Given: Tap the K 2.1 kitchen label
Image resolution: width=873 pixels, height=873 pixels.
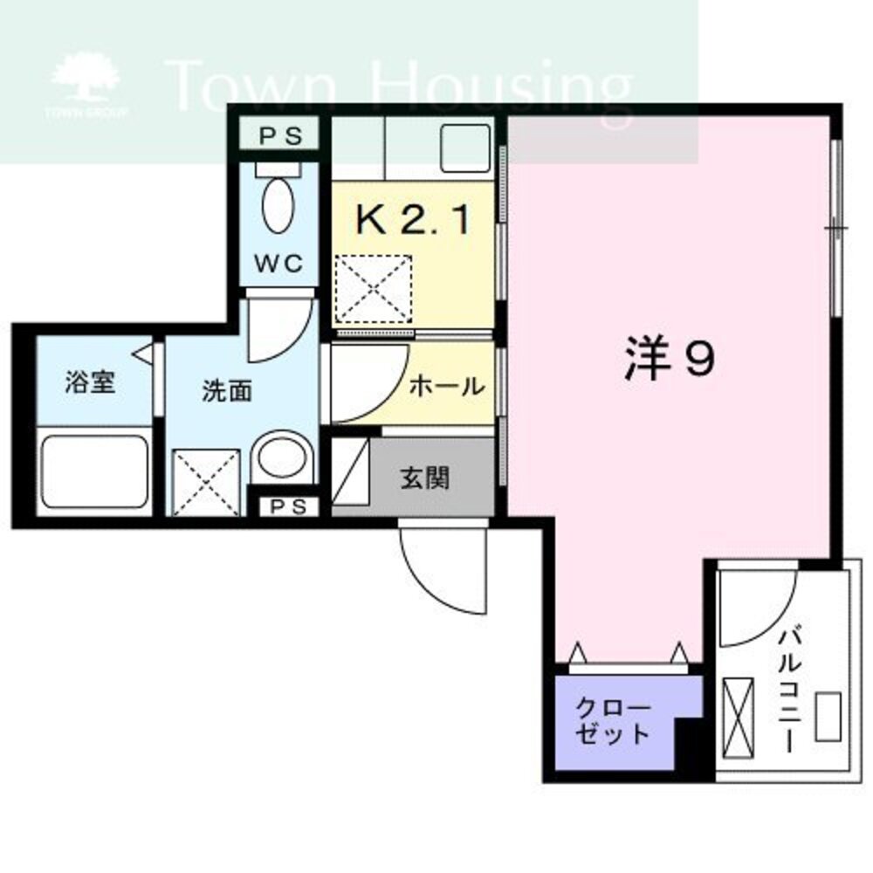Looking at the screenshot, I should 413,219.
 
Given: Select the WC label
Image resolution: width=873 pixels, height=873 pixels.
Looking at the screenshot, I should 278,263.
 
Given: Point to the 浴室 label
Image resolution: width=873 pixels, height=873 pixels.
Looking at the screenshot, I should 90,382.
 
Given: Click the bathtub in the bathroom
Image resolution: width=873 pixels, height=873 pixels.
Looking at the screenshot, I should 93,471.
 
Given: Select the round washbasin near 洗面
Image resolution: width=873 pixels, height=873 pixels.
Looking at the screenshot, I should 280,457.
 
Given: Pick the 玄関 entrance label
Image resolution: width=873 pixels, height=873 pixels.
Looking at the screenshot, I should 425,478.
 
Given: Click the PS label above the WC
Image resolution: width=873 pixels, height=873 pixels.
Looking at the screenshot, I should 281,136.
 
